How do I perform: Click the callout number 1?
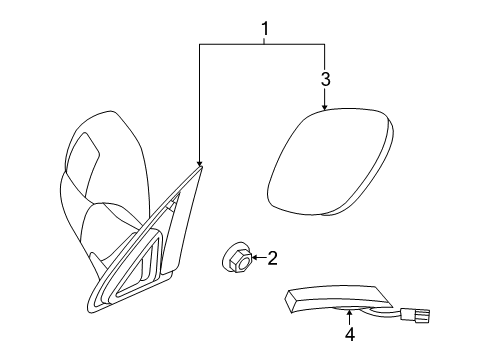[264, 30]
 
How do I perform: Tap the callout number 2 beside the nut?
[272, 257]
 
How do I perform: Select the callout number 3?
[325, 77]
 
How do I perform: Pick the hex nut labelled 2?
[234, 258]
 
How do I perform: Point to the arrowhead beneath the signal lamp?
[349, 316]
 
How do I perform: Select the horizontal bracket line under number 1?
[262, 44]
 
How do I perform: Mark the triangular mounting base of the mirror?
[130, 270]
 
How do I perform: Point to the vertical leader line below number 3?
[325, 95]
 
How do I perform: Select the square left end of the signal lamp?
[289, 298]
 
